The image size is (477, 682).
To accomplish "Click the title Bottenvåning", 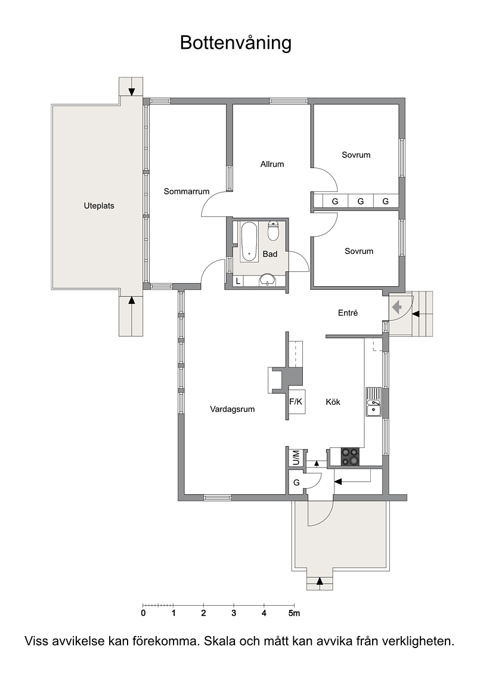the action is [x=236, y=43].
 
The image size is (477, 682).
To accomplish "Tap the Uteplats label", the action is [x=99, y=206].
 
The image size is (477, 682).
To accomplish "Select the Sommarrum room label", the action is [x=187, y=191].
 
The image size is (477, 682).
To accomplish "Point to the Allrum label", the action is [x=272, y=164].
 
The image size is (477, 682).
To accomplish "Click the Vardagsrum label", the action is [x=232, y=410].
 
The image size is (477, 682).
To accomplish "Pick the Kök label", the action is [x=333, y=402].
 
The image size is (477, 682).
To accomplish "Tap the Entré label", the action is [x=348, y=313].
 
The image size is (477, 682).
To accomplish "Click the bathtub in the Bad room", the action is [x=249, y=241].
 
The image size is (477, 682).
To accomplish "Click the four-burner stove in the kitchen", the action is [x=351, y=457].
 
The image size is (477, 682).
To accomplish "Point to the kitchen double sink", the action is [x=373, y=402].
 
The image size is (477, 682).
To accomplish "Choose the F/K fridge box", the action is [x=296, y=402].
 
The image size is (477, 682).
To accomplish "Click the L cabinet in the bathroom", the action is [x=238, y=281].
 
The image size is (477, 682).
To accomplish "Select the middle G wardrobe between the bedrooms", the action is [x=361, y=201].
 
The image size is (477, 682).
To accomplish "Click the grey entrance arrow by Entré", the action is [x=398, y=308].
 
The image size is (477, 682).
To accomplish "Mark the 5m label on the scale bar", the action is [x=295, y=613].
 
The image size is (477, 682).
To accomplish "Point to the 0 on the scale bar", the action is [x=144, y=613].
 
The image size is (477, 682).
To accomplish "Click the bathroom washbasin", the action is [x=267, y=280].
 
